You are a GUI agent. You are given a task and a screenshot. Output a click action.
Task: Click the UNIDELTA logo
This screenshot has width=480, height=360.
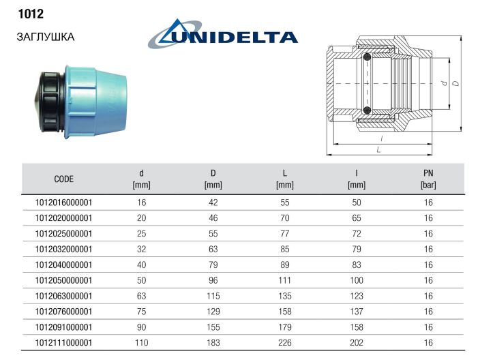pyautogui.click(x=223, y=34)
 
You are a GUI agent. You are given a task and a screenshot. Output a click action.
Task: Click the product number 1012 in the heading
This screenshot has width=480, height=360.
pyautogui.click(x=31, y=14)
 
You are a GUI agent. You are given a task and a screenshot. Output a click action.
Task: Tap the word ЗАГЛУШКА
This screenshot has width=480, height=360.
pyautogui.click(x=46, y=37)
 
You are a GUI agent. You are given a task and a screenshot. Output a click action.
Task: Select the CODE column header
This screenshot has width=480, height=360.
pyautogui.click(x=63, y=179)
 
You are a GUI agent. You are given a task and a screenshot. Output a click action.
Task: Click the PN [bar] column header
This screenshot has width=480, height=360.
pyautogui.click(x=428, y=179)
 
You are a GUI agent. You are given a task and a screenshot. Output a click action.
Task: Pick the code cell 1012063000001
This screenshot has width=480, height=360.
pyautogui.click(x=63, y=296)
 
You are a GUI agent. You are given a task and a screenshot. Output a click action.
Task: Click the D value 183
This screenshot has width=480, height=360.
pyautogui.click(x=213, y=342)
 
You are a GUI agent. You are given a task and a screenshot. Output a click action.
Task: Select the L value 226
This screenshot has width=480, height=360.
pyautogui.click(x=285, y=342)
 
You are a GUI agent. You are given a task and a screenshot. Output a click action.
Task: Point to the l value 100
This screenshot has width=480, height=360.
pyautogui.click(x=357, y=280)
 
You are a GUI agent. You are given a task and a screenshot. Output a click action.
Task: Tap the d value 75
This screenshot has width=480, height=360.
pyautogui.click(x=141, y=312)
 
